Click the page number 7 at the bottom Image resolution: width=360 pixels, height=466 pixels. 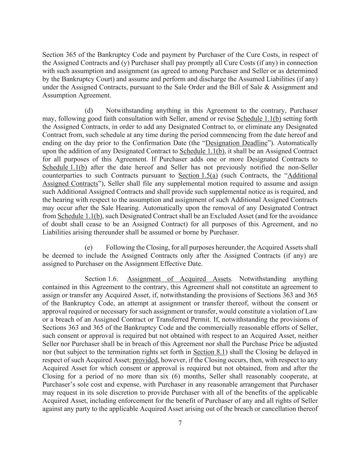(180, 423)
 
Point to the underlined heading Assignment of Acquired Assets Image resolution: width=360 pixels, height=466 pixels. (179, 279)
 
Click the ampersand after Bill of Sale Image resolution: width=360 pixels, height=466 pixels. (253, 87)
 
